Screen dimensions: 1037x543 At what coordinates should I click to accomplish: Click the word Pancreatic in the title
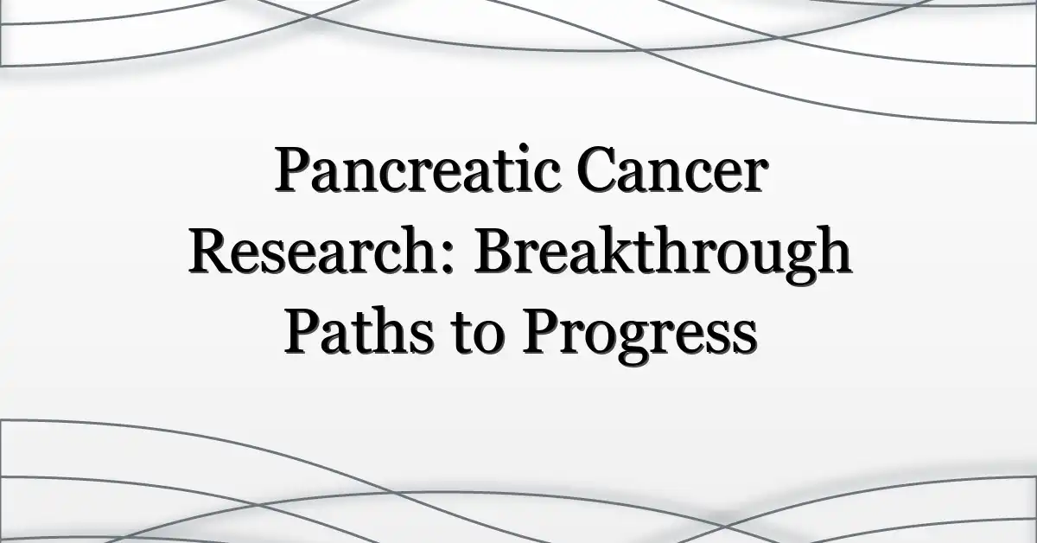coord(418,169)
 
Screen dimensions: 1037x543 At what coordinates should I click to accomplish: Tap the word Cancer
coord(672,169)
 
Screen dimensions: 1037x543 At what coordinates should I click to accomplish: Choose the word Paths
coord(359,331)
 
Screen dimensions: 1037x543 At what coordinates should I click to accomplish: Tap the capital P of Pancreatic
coord(293,169)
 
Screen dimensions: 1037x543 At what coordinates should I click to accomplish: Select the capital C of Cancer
coord(598,169)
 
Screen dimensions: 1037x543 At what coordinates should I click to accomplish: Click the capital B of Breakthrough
coord(496,250)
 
